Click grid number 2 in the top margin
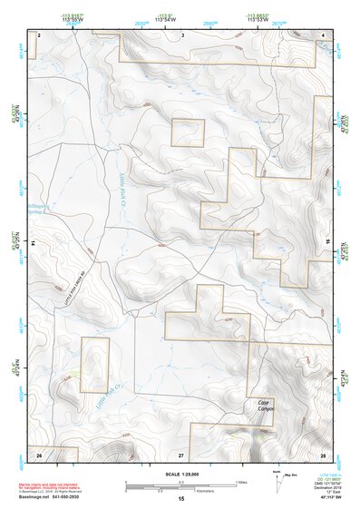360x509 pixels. pyautogui.click(x=39, y=34)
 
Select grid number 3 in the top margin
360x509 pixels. pyautogui.click(x=182, y=34)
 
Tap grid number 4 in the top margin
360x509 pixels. pyautogui.click(x=324, y=34)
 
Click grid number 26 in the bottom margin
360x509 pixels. pyautogui.click(x=39, y=453)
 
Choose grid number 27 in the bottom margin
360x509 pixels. pyautogui.click(x=181, y=453)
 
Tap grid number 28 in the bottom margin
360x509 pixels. pyautogui.click(x=323, y=453)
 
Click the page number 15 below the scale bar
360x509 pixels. pyautogui.click(x=181, y=500)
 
